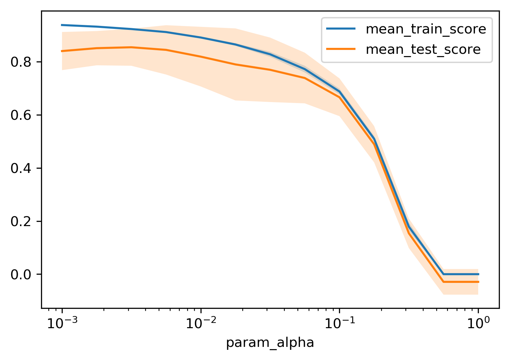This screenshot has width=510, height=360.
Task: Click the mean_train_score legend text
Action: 426,30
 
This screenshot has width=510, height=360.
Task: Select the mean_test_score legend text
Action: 423,50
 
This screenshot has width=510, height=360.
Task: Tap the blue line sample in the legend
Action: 341,29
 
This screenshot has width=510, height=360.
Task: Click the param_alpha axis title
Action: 270,343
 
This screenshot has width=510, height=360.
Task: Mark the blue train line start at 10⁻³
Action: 62,25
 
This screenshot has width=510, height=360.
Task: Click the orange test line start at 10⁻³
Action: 62,51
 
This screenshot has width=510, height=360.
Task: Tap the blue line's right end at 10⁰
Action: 478,274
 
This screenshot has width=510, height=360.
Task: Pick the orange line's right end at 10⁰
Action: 478,282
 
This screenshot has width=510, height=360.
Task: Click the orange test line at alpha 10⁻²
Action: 201,56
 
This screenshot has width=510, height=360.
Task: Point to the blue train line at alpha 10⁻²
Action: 201,37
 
